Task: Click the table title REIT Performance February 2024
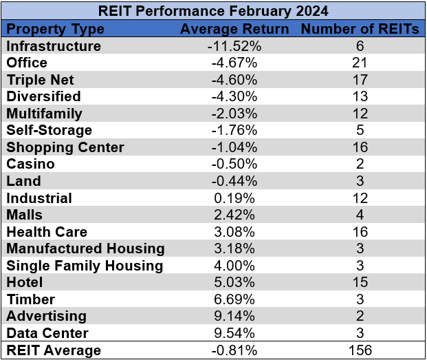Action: (213, 11)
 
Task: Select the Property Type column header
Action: (55, 29)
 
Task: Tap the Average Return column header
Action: (234, 29)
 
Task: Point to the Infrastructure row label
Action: (54, 46)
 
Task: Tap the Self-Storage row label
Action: (49, 130)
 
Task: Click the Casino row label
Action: (30, 164)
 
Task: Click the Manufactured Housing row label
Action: (85, 248)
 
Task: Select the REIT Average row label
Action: (54, 350)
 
